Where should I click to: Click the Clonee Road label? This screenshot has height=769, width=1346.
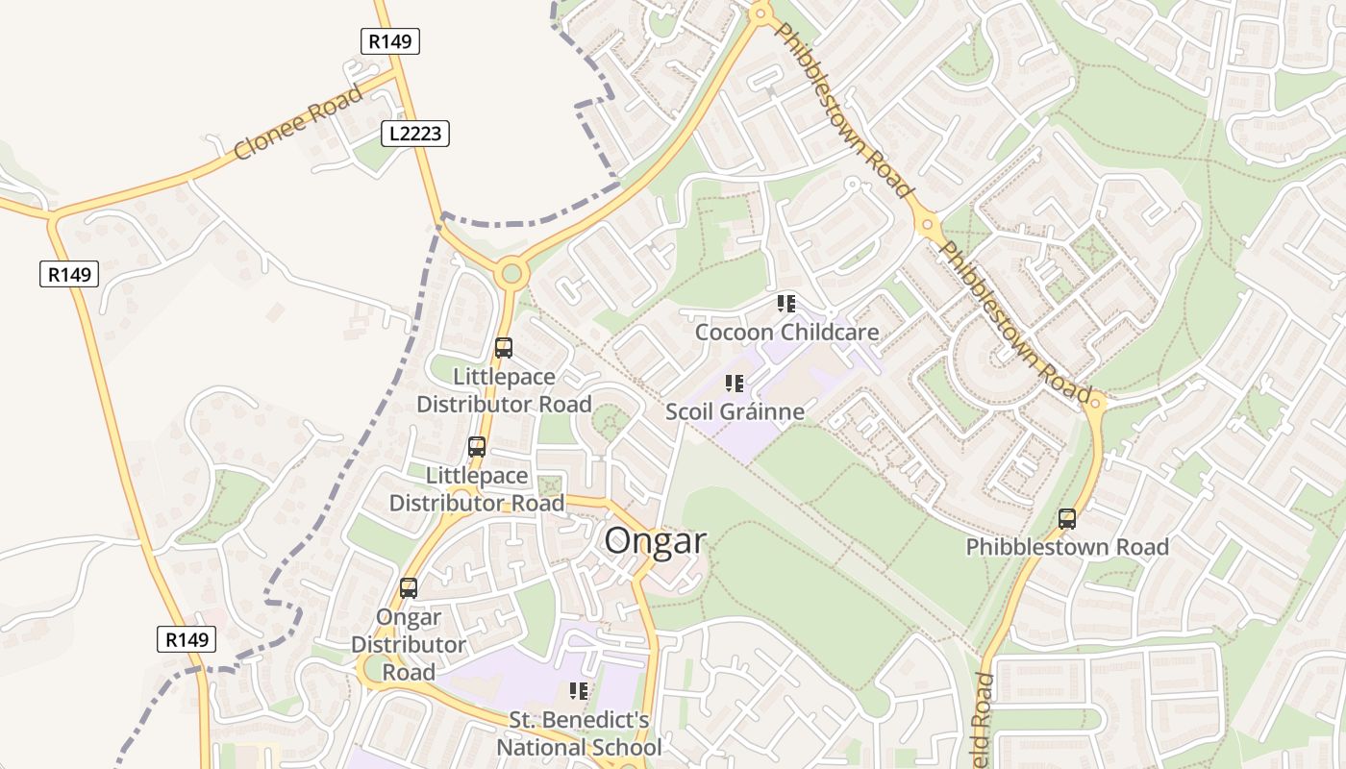click(x=298, y=122)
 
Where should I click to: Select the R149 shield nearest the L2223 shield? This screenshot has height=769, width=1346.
click(x=390, y=41)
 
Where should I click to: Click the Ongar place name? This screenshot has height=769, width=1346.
click(x=655, y=541)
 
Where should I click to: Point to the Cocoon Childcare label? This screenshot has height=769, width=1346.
click(x=786, y=333)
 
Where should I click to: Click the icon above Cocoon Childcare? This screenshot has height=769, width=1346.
click(x=786, y=304)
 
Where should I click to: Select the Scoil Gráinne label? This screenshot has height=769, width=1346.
click(x=735, y=412)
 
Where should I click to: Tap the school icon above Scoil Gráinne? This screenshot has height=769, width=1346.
click(x=735, y=384)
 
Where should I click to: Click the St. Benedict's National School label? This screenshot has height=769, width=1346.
click(x=579, y=733)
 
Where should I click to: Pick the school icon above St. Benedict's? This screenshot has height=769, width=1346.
click(x=579, y=691)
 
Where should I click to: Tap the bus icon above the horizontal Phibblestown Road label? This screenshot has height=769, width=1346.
click(x=1067, y=519)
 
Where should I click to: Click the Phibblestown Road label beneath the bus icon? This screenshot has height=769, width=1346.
click(x=1067, y=547)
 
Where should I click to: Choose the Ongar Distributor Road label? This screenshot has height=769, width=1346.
click(x=409, y=644)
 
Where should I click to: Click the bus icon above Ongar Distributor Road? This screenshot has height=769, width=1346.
click(x=409, y=587)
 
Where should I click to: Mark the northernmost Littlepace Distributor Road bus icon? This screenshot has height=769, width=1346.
click(x=504, y=348)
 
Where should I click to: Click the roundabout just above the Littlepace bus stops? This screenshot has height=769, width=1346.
click(x=511, y=274)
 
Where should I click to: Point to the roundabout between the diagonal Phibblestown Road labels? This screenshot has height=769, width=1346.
click(x=928, y=227)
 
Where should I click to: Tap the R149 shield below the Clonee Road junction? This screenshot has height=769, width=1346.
click(x=70, y=275)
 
